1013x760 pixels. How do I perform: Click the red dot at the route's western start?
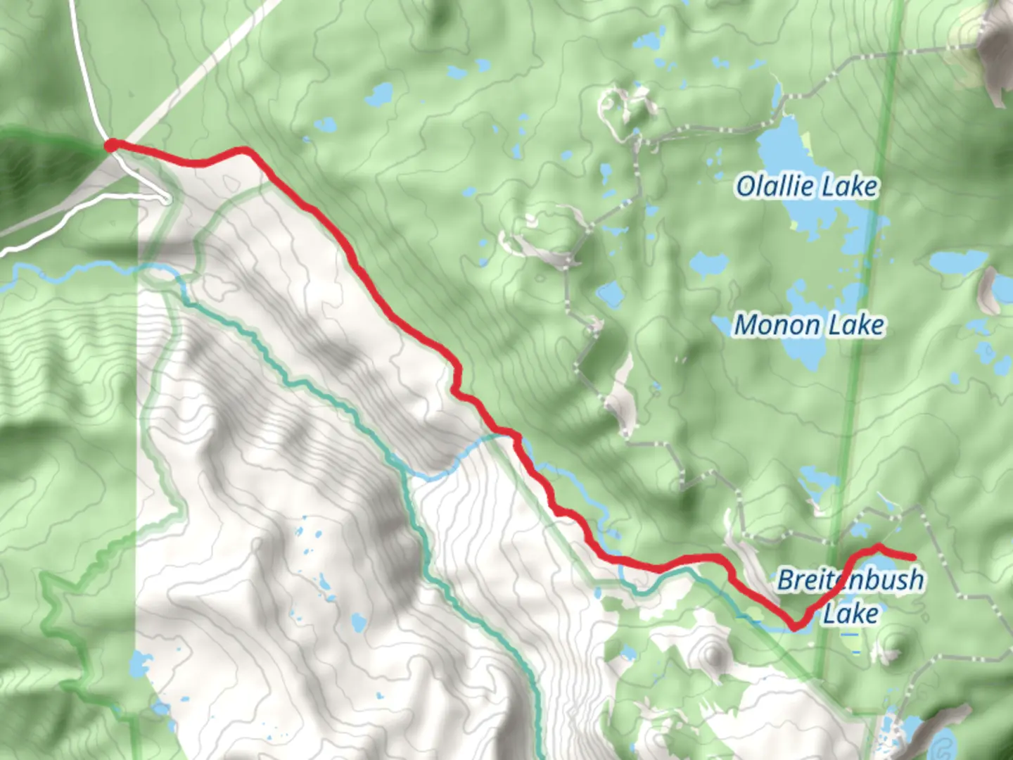point(110,146)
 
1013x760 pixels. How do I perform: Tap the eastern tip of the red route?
point(913,557)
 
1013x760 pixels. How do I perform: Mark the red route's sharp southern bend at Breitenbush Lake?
point(795,626)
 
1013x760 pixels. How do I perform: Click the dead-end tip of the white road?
point(166,200)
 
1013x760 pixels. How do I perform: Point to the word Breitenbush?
point(850,581)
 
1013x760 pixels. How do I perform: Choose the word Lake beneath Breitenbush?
point(850,614)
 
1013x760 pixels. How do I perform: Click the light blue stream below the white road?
point(77,270)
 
